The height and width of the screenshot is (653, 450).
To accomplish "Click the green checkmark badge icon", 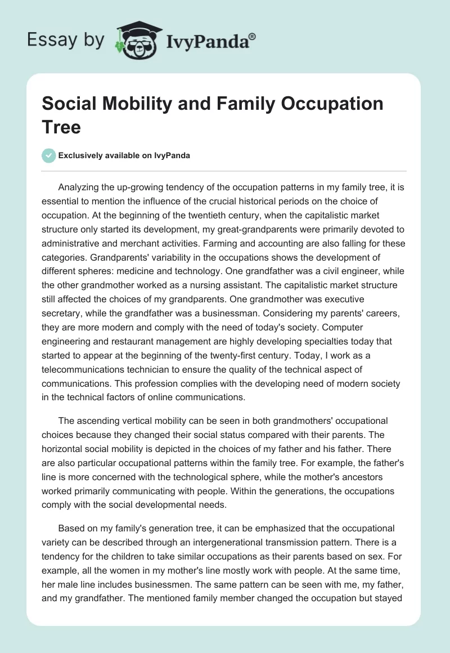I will pos(49,155).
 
